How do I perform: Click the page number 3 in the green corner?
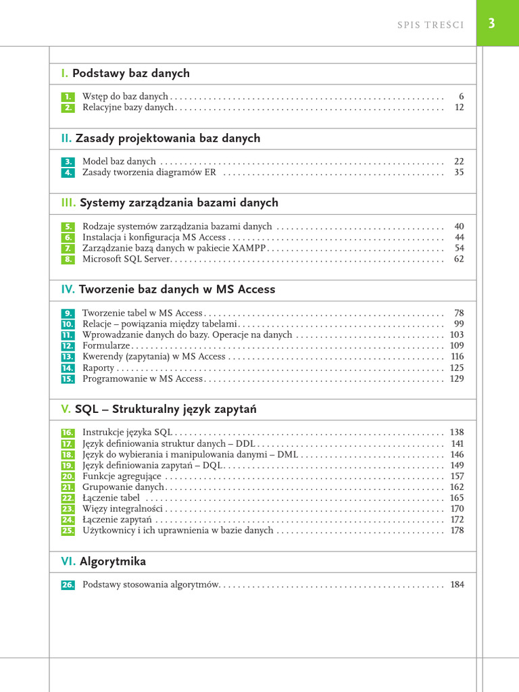[x=491, y=24]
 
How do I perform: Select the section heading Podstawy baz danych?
[x=130, y=73]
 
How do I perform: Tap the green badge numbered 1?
[x=68, y=97]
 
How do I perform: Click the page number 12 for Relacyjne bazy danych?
[x=459, y=107]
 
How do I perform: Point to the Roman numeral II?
[x=66, y=138]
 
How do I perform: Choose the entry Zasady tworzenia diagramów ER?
[x=149, y=172]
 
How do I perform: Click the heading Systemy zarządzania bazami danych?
[x=178, y=203]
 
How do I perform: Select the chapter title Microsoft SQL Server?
[x=127, y=259]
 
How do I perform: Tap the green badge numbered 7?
[x=68, y=249]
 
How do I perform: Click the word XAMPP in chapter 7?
[x=253, y=248]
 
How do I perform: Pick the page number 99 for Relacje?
[x=459, y=324]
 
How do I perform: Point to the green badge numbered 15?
[x=68, y=379]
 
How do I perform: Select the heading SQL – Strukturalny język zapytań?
[x=166, y=410]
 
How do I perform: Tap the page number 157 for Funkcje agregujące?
[x=457, y=476]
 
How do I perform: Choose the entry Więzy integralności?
[x=122, y=508]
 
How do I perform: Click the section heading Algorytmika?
[x=112, y=562]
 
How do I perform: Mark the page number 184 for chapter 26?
[x=457, y=585]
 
